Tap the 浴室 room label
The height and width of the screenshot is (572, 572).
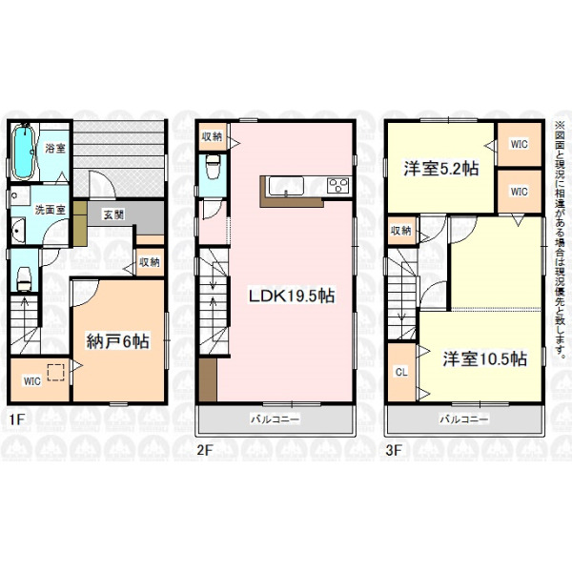pos(55,149)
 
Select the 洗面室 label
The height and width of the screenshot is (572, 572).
pos(50,210)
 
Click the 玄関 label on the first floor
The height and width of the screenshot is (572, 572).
pos(113,214)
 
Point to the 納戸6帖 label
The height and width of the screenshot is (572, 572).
pos(117,342)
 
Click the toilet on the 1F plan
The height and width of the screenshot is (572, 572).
pos(25,279)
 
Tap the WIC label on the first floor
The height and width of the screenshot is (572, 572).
pos(32,381)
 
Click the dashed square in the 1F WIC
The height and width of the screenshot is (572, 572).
pos(56,373)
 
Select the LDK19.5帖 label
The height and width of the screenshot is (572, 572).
pos(292,296)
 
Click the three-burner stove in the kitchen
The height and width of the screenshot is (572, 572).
pos(338,185)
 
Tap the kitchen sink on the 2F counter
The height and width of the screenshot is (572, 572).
pos(286,186)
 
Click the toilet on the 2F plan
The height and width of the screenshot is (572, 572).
pos(213,166)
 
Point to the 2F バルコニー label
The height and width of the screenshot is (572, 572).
pos(275,419)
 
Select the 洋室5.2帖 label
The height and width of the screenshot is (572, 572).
pos(441,169)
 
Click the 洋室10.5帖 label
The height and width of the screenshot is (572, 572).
pos(485,358)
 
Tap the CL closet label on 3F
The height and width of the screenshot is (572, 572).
pos(401,372)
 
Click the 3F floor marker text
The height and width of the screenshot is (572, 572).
pos(394,450)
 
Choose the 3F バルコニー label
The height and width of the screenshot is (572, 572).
pos(463,419)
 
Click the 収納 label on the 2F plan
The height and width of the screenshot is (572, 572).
pos(212,136)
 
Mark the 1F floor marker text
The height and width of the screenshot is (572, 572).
pos(16,419)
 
